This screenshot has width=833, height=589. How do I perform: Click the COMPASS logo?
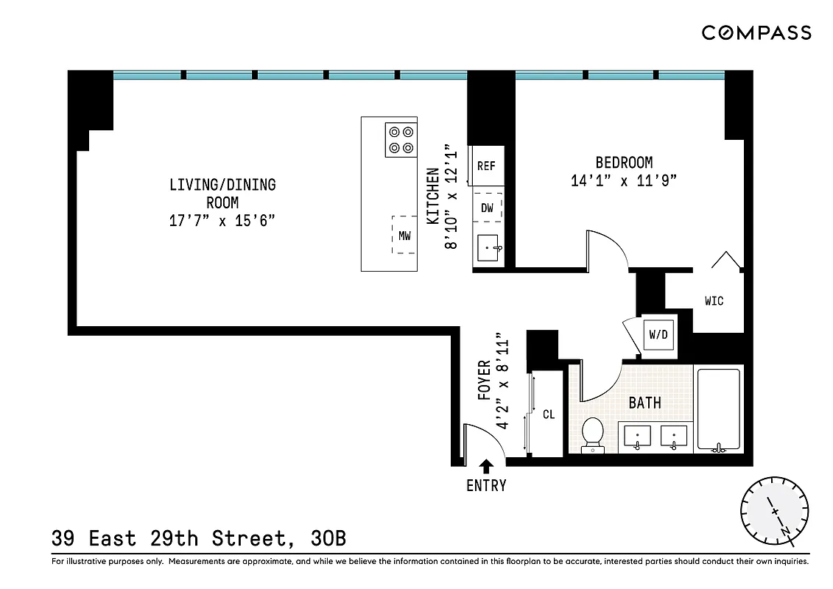point(756,32)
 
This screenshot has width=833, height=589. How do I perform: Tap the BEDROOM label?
point(624,163)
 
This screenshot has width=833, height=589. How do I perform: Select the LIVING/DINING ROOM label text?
point(222,193)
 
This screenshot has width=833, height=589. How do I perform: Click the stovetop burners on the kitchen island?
point(401,140)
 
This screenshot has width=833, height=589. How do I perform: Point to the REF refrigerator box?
point(486,166)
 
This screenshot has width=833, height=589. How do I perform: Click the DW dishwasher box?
point(487,208)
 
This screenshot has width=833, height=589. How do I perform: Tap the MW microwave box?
point(404,236)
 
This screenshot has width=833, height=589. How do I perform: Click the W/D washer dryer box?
point(658,335)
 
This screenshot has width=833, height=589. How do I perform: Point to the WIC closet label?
point(714,301)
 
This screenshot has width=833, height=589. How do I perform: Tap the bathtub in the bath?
point(719,409)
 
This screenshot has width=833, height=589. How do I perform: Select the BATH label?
point(644,403)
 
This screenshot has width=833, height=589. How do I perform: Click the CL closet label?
point(549,415)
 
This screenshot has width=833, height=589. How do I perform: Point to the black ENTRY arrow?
point(486,465)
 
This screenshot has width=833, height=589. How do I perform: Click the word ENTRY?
point(486,486)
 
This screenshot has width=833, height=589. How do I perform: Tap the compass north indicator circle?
point(774,510)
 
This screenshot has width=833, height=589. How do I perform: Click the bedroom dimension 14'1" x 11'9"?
point(624,181)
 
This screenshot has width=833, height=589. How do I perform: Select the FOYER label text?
point(484,380)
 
